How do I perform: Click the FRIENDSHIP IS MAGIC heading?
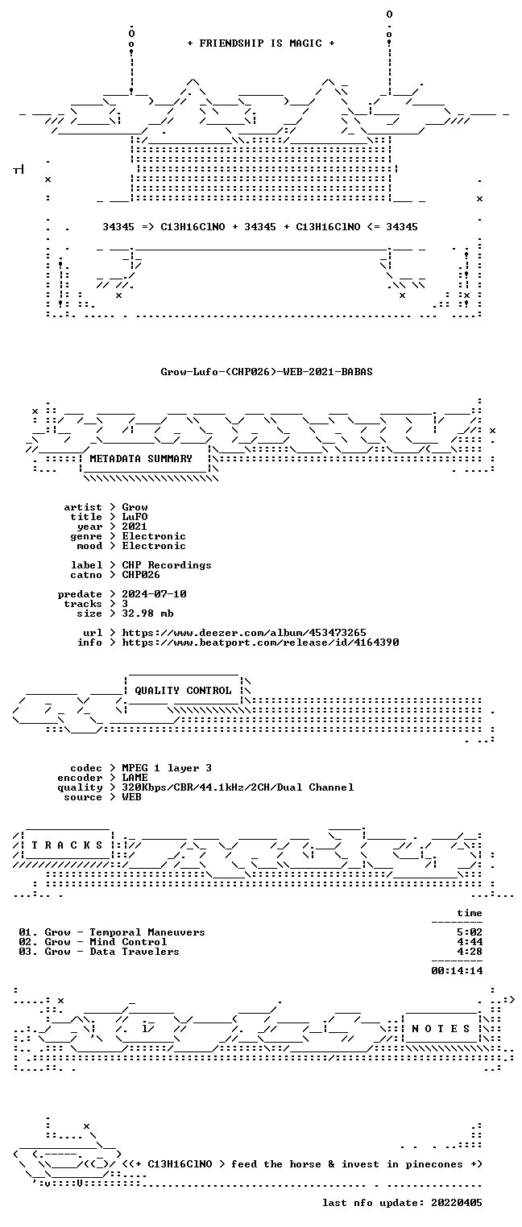pos(260,43)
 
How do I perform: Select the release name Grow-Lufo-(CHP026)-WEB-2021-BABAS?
pos(267,371)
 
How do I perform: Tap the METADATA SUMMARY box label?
pos(141,458)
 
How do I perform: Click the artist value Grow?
pos(135,507)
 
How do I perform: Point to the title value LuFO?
pos(135,517)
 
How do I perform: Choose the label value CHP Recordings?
pos(167,564)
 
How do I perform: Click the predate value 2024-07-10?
pos(154,594)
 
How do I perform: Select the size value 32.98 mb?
pos(147,613)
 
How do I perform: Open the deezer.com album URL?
pos(244,632)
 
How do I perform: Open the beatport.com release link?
pos(260,642)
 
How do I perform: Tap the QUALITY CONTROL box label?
pos(183,690)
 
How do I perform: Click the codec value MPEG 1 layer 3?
pos(167,768)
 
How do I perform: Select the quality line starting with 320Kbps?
pos(238,787)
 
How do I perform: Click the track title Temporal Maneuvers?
pos(147,932)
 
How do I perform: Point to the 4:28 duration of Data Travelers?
pos(470,952)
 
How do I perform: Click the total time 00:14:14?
pos(457,971)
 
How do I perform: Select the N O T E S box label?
pos(441,1029)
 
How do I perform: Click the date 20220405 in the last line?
pos(457,1202)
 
